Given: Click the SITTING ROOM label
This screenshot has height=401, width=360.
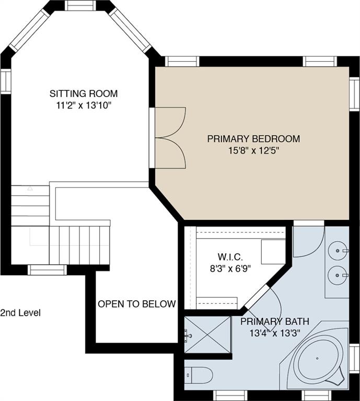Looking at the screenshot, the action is pos(84,93).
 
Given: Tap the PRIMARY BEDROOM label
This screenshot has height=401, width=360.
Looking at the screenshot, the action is pos(253,138).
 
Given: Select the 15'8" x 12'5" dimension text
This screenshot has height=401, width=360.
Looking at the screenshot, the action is pos(253,150).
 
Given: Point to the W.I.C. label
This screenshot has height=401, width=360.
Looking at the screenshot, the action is pos(230,256).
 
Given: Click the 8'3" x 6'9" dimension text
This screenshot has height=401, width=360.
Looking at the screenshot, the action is pos(230,268).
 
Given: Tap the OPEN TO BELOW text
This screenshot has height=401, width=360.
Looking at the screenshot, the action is pos(137,304).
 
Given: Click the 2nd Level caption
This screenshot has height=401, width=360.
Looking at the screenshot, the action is pos(20,313).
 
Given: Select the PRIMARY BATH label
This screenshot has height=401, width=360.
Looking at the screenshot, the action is pos(275,322).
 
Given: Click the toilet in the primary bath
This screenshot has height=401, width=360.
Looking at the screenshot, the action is pos(199,375).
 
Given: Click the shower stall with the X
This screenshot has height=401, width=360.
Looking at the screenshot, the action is pos(207,335).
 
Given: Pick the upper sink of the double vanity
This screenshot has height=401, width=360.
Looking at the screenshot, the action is pos(338,251).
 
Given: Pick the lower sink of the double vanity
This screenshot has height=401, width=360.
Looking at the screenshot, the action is pos(338,275).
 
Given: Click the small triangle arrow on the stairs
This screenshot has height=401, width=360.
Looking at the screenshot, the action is pos(30,188).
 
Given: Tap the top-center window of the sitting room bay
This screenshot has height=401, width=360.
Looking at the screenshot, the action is pos(80,5).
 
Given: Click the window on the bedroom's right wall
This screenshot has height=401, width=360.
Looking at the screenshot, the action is pos(355,94).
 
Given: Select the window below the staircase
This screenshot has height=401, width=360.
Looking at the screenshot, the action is pos(47,270).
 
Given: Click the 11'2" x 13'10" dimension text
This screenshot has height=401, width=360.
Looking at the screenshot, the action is pos(84,105).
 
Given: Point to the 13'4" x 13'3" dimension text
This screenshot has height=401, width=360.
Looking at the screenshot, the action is pos(275,333).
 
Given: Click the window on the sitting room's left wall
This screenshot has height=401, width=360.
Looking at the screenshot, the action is pos(6,81).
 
